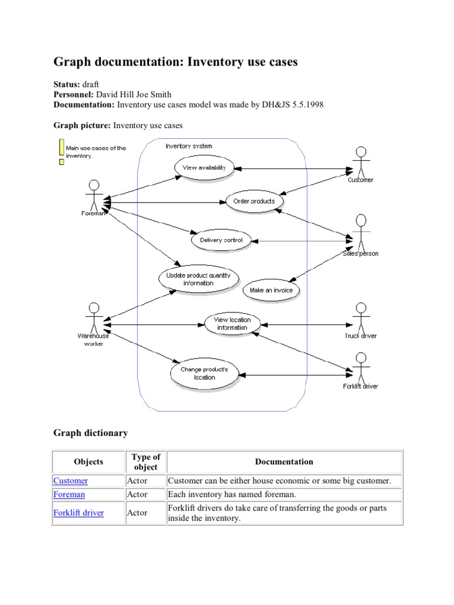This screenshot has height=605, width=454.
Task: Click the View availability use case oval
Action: (204, 168)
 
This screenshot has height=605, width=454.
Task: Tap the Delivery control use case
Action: (220, 240)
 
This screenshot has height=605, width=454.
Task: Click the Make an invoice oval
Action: (271, 290)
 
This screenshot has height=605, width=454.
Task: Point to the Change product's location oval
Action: (204, 373)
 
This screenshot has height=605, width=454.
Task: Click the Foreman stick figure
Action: (94, 193)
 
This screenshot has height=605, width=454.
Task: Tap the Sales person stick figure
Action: (360, 232)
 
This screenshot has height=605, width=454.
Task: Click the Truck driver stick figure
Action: (360, 317)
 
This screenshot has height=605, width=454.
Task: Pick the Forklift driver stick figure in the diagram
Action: (360, 367)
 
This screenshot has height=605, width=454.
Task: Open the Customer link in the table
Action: (70, 481)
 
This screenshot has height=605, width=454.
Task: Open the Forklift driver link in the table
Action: (79, 513)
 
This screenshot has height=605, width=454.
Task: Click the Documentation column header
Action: (284, 462)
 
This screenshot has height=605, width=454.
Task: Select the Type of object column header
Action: (145, 462)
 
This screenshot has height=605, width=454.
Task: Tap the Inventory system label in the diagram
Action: (189, 146)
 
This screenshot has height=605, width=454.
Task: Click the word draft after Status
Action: (91, 85)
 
